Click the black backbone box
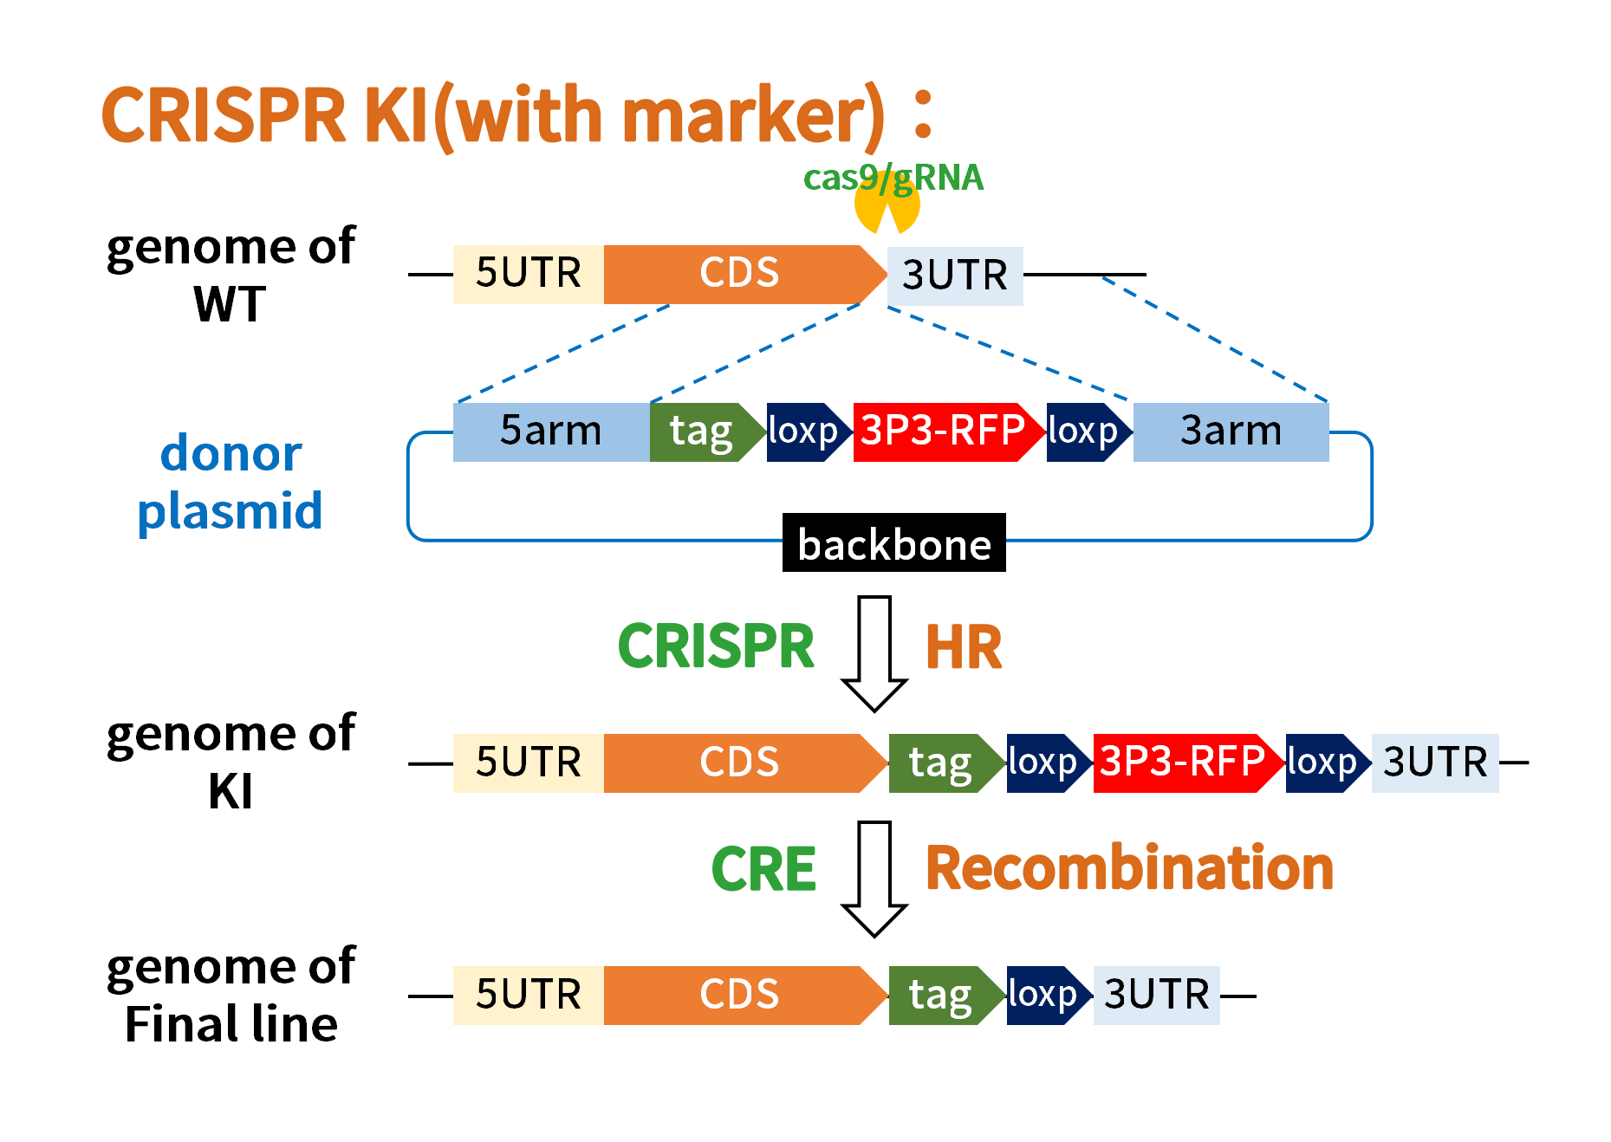tap(893, 542)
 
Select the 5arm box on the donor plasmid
tap(551, 431)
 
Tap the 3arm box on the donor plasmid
tap(1231, 431)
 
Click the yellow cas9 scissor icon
tap(887, 204)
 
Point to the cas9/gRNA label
tap(893, 178)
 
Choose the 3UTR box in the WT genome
tap(955, 276)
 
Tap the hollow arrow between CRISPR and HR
tap(874, 653)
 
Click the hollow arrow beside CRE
tap(874, 879)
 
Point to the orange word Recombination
tap(1129, 868)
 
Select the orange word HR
tap(964, 648)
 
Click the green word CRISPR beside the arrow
tap(716, 646)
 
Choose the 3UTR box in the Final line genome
tap(1157, 996)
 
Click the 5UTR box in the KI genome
tap(529, 762)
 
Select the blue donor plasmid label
tap(231, 482)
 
